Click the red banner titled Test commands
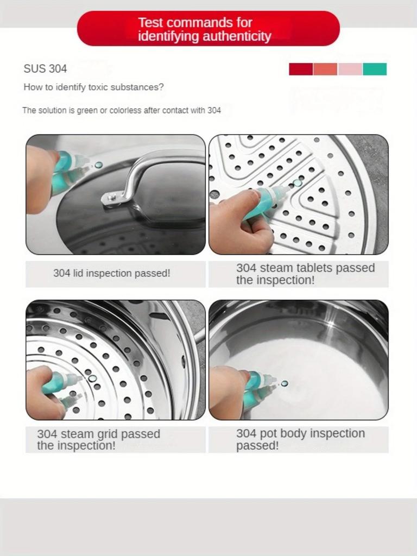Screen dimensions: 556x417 pyautogui.click(x=208, y=29)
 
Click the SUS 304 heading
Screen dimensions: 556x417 pyautogui.click(x=45, y=69)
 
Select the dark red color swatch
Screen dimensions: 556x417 pyautogui.click(x=301, y=69)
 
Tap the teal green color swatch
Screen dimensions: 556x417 pyautogui.click(x=375, y=69)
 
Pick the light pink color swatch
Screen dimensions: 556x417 pyautogui.click(x=350, y=69)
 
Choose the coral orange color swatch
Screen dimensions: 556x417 pyautogui.click(x=325, y=69)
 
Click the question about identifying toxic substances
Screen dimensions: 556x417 pyautogui.click(x=93, y=87)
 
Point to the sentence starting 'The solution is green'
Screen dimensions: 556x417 pyautogui.click(x=122, y=110)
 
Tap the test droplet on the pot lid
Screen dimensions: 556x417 pyautogui.click(x=98, y=165)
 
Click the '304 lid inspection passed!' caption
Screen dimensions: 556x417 pyautogui.click(x=111, y=274)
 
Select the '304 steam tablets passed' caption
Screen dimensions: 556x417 pyautogui.click(x=305, y=274)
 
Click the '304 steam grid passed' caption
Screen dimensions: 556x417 pyautogui.click(x=98, y=440)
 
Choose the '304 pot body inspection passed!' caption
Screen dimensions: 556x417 pyautogui.click(x=300, y=439)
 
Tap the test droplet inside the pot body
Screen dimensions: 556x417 pyautogui.click(x=284, y=384)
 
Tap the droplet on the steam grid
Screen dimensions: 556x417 pyautogui.click(x=92, y=378)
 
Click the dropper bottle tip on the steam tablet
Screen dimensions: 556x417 pyautogui.click(x=288, y=188)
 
